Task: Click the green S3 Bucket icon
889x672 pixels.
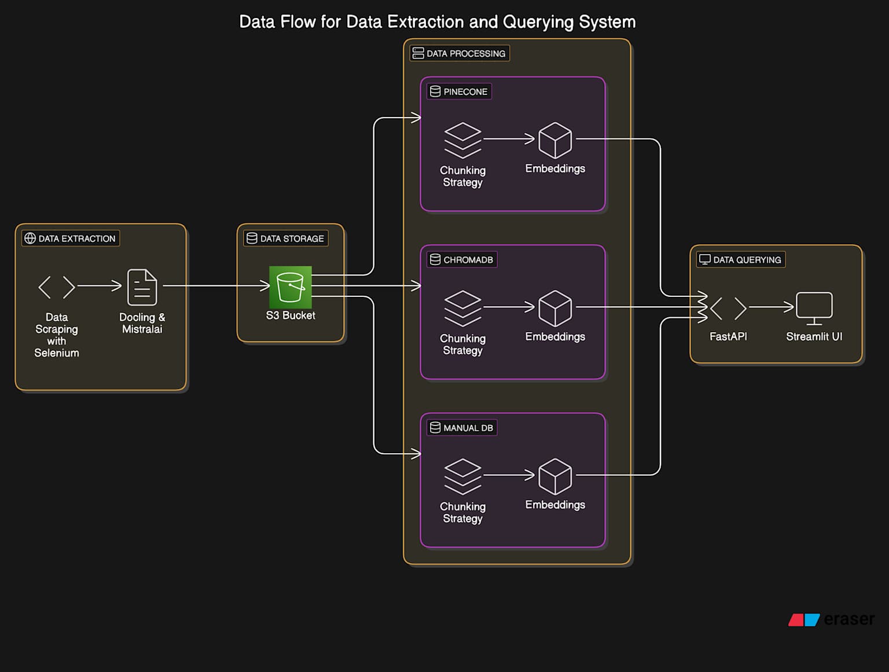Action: tap(290, 287)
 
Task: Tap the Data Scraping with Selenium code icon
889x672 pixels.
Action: tap(57, 287)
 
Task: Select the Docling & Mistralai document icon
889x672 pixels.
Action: tap(142, 287)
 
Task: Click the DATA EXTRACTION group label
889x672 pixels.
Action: tap(71, 238)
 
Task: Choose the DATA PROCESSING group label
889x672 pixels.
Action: tap(460, 53)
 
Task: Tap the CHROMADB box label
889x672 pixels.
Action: tap(462, 260)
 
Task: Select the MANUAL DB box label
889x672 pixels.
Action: tap(462, 428)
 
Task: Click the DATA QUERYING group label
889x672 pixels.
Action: tap(741, 260)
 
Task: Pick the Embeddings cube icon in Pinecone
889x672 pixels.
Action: tap(555, 140)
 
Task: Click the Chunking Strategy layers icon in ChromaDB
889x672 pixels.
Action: tap(462, 308)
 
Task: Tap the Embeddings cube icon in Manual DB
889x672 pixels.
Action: tap(555, 476)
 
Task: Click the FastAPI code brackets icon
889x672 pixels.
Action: tap(728, 309)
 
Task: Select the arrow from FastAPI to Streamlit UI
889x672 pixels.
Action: tap(771, 307)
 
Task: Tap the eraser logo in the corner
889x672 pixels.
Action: tap(831, 619)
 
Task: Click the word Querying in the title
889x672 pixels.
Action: tap(538, 22)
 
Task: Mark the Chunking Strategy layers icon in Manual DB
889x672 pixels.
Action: tap(462, 476)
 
